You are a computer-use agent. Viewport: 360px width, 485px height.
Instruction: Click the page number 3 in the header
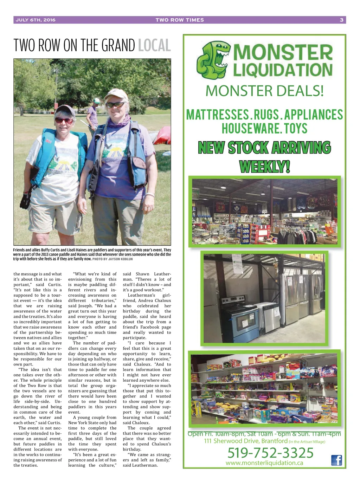341,20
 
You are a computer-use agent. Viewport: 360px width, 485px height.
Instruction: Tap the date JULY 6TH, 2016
36,20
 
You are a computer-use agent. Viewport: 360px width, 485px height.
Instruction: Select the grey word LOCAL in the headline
154,46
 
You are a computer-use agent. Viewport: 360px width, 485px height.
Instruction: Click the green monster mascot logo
213,59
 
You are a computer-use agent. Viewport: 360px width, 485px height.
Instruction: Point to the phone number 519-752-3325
270,453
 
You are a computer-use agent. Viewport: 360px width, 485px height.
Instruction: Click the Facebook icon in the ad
336,460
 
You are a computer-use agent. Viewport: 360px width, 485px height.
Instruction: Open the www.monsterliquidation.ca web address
264,463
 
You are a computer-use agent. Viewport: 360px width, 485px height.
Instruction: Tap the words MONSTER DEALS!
264,91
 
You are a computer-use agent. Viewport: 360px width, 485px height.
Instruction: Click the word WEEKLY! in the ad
264,166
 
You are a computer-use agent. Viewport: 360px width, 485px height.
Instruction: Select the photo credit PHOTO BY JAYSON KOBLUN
112,259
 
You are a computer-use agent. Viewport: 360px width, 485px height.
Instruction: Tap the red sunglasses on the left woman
64,120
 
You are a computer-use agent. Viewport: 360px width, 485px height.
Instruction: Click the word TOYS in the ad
296,129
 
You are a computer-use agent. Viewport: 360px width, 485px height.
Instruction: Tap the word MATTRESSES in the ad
217,115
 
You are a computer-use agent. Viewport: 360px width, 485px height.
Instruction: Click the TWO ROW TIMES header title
180,20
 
